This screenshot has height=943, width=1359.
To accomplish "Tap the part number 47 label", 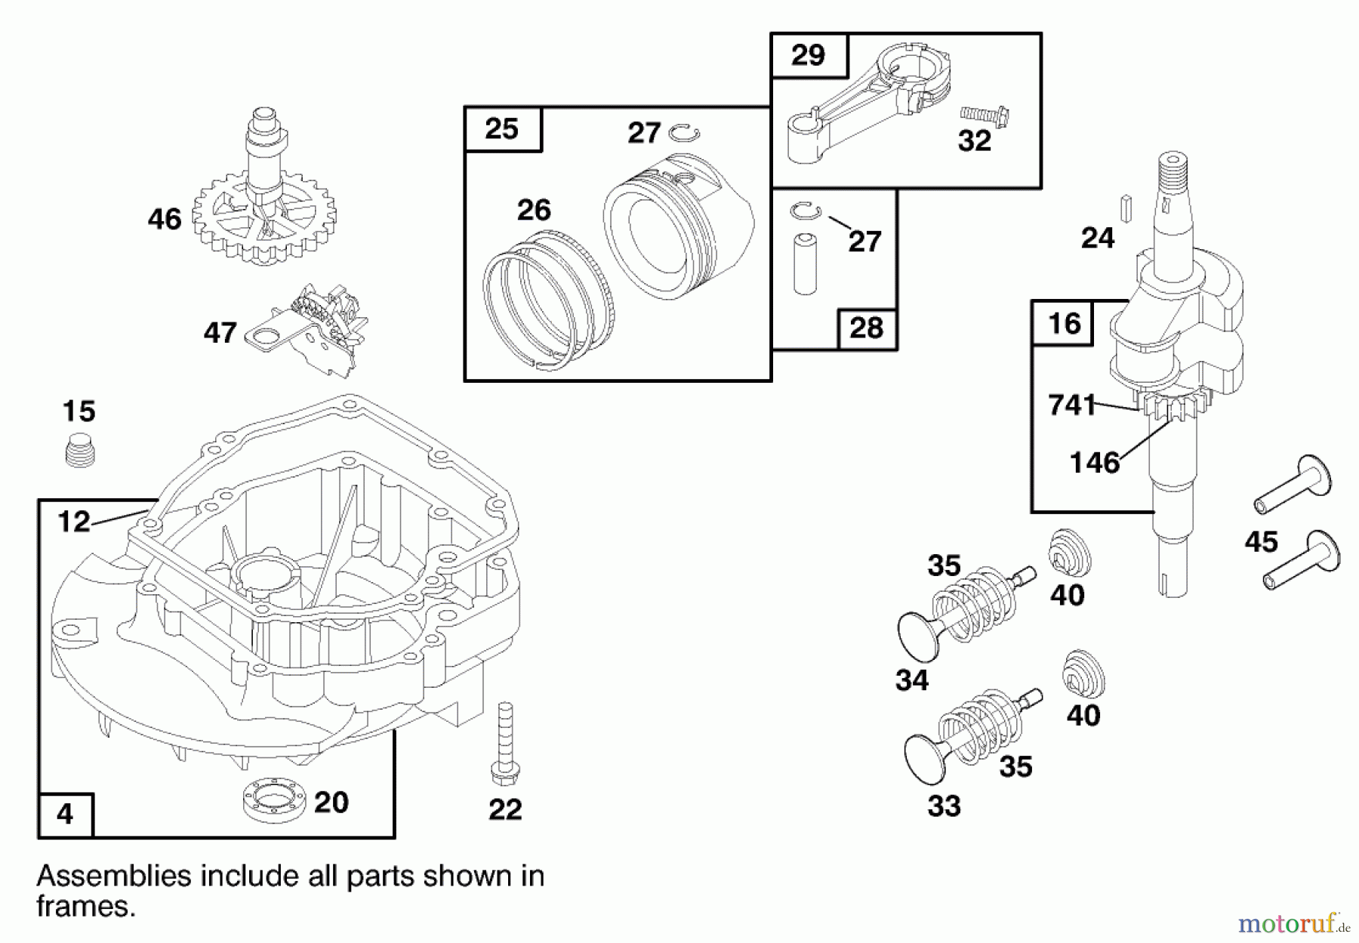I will [220, 333].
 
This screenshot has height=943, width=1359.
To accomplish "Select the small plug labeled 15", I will [79, 451].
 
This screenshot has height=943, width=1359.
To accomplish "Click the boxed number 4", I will [65, 815].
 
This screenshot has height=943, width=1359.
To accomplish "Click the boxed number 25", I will [502, 129].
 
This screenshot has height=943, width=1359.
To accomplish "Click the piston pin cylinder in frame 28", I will [805, 264].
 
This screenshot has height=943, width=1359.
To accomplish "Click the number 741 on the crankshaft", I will [1071, 405].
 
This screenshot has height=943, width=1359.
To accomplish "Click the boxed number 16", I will [1064, 323].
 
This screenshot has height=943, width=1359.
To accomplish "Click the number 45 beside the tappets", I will [1261, 541].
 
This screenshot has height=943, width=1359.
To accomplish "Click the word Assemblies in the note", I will [114, 877].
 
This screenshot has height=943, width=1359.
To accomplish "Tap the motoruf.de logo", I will [1294, 923].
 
